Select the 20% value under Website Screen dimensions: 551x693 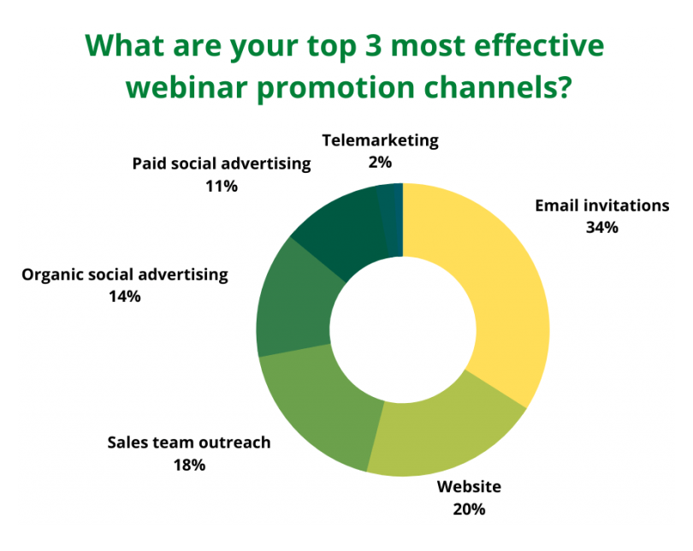coord(469,509)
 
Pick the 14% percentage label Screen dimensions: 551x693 coord(124,297)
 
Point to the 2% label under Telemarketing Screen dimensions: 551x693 coord(381,161)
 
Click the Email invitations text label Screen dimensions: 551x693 coord(601,205)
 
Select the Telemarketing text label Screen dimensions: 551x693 coord(381,139)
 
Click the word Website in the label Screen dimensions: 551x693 coord(469,487)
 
